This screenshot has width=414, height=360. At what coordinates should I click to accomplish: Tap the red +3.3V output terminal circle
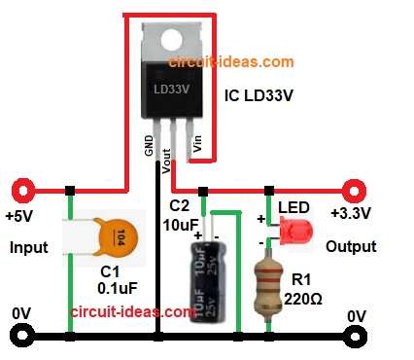[351, 188]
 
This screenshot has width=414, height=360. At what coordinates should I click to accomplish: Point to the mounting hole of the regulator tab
[174, 40]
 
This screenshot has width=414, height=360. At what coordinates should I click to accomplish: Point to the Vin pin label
[197, 145]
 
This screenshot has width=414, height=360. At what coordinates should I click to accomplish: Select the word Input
[29, 247]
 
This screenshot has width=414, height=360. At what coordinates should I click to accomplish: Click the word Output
[350, 247]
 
